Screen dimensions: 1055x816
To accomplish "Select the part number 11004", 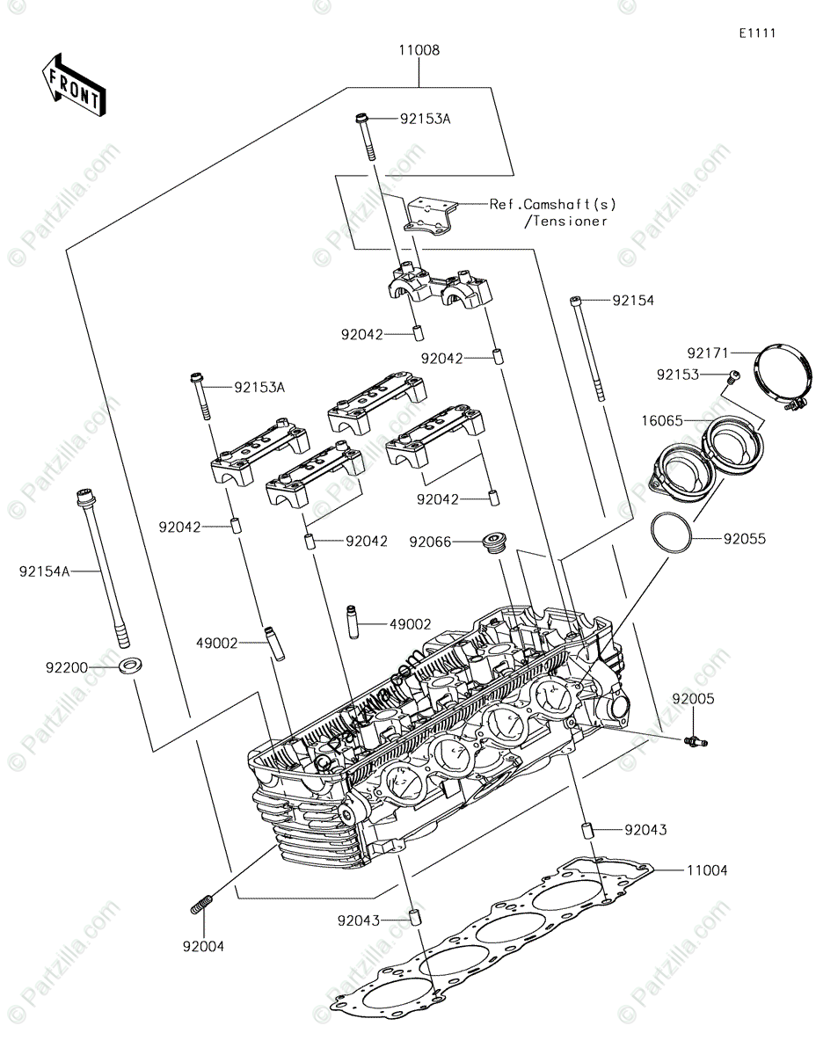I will point(707,870).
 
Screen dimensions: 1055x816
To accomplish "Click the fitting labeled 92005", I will point(696,743).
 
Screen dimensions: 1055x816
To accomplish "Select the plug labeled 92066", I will point(492,542).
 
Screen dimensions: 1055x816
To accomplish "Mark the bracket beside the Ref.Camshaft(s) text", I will point(433,215).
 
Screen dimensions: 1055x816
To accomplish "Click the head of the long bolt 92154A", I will point(84,496).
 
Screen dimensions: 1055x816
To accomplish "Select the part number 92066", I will point(430,542).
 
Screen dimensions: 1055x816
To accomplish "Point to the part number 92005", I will point(694,700).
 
